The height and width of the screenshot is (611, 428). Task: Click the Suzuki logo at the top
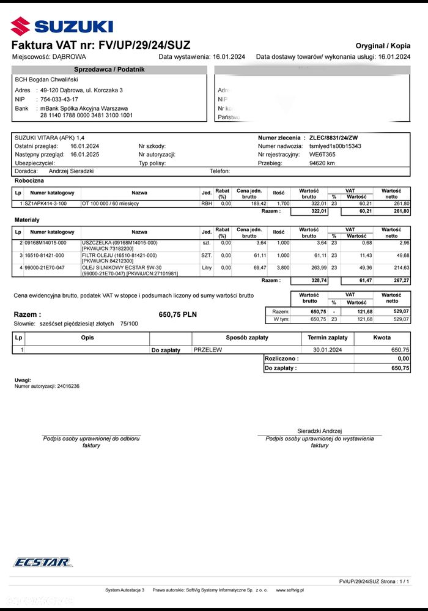coord(62,25)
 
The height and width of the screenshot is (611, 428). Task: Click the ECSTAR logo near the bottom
coord(43,562)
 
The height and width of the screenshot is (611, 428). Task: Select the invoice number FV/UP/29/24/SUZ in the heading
coord(143,45)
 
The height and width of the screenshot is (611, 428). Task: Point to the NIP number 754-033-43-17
coord(59,99)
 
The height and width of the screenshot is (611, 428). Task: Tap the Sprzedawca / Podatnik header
coord(109,70)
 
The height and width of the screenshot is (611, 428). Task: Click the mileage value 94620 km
coord(322,163)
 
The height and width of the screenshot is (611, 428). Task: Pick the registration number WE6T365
coord(323,155)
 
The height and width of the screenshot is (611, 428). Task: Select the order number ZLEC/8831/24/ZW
coord(334,138)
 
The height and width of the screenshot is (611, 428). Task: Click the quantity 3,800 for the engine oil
coord(279,267)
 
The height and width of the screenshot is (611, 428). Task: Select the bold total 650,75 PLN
coord(177,314)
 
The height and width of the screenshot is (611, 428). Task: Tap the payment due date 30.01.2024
coord(327,350)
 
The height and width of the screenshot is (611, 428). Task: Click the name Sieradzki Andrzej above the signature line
coord(319,431)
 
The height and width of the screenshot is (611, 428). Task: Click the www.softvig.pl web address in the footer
coord(290,590)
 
